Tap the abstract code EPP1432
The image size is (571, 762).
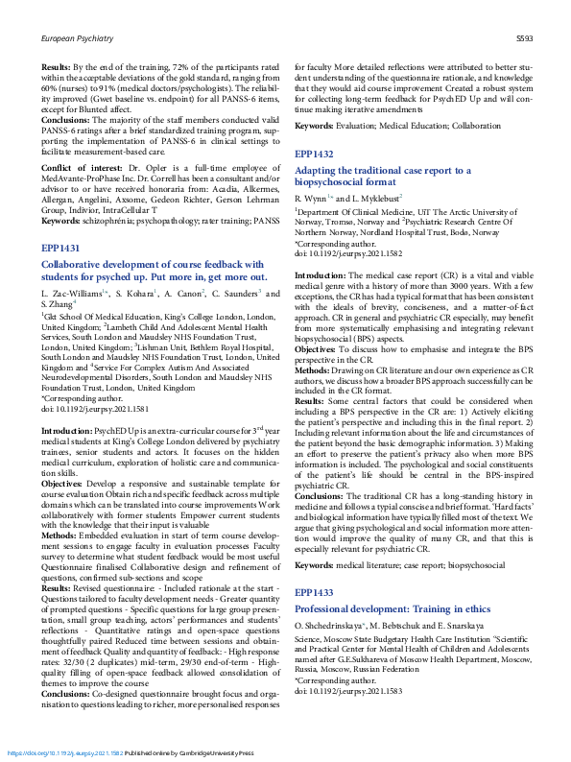(316, 154)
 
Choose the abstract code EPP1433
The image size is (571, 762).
(316, 567)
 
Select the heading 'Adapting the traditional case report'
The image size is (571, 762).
(382, 169)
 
